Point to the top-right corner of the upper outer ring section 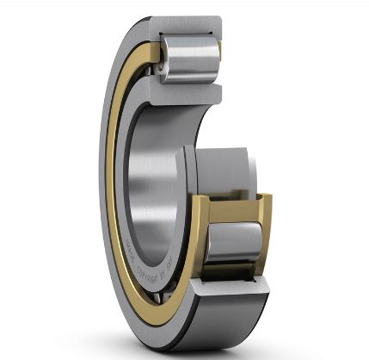pos(219,21)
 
